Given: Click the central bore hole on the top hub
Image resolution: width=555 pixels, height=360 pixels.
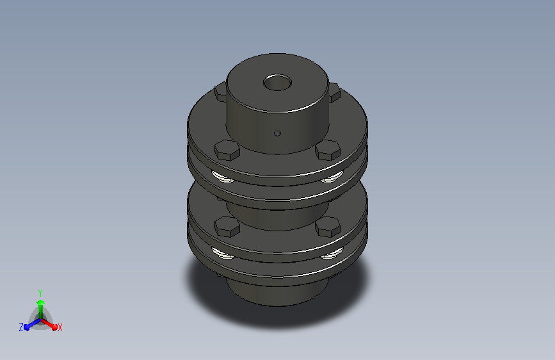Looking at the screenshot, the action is click(278, 83).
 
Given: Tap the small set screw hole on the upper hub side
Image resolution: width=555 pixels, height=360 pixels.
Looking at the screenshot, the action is click(278, 133).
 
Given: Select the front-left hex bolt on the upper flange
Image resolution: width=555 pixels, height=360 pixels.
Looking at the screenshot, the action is click(227, 150).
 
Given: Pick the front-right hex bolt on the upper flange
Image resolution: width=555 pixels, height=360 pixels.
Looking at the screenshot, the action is click(328, 150).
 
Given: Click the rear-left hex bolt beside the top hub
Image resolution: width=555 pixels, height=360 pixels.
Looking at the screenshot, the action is click(220, 92).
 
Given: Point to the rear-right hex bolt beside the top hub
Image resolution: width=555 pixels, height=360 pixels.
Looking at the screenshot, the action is click(335, 92).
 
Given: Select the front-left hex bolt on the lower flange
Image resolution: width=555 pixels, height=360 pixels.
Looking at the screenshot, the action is click(227, 226).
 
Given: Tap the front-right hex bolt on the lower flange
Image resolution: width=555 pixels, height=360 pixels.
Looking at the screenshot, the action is click(328, 226).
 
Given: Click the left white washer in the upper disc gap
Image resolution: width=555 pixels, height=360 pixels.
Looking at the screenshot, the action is click(223, 177).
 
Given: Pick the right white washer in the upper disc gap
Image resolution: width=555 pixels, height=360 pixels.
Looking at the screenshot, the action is click(332, 177).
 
